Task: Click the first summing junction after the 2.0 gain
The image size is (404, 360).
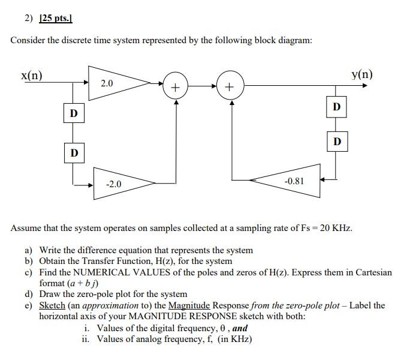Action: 175,87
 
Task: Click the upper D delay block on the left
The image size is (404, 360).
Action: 73,113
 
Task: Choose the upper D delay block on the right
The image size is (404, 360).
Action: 336,107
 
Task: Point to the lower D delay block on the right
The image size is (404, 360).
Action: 336,142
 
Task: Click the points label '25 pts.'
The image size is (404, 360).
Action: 55,19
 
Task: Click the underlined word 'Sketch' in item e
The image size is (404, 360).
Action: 52,305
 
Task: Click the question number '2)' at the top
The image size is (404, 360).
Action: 29,19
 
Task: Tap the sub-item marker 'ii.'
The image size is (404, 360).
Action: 85,339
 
